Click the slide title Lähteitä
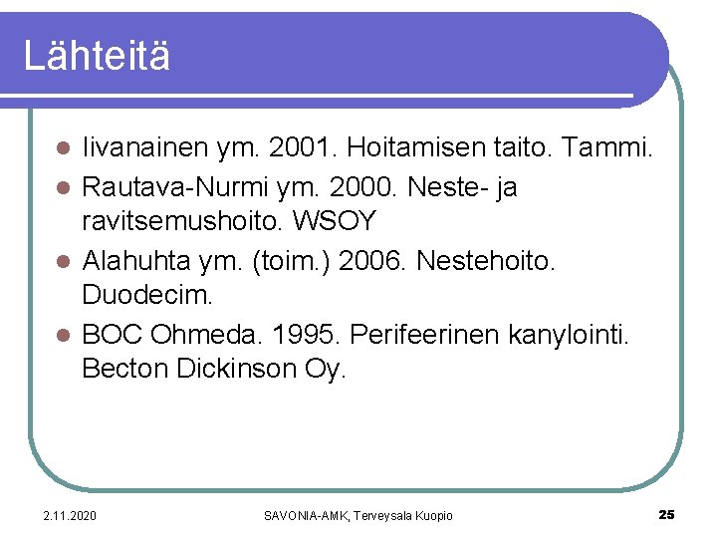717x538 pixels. tap(97, 56)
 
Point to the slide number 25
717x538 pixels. tap(666, 514)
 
